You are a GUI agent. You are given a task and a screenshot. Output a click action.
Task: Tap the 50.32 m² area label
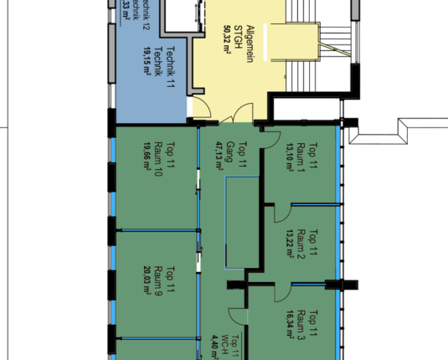(226, 39)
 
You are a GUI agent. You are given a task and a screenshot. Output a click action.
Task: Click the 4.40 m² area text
(213, 343)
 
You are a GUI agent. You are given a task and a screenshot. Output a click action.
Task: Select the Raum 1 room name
(301, 157)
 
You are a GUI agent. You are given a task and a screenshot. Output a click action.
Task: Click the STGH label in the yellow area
(239, 39)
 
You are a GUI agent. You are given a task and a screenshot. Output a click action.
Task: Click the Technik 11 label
(171, 67)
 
